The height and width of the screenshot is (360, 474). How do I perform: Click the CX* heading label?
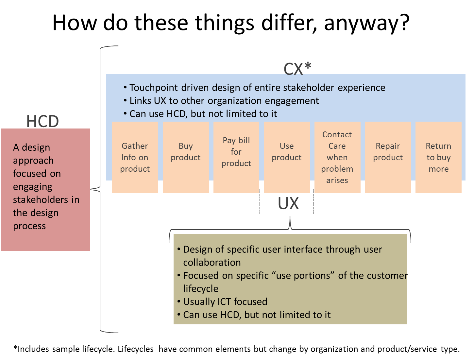pyautogui.click(x=297, y=69)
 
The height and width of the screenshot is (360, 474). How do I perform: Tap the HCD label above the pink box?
pyautogui.click(x=42, y=122)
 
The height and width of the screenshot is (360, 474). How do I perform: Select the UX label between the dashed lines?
pyautogui.click(x=288, y=203)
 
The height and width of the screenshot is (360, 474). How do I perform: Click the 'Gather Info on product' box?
pyautogui.click(x=135, y=157)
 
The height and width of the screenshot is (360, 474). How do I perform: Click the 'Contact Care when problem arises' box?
pyautogui.click(x=337, y=157)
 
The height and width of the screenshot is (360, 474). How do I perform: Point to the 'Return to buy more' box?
pyautogui.click(x=438, y=157)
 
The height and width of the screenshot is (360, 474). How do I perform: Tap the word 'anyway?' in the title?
pyautogui.click(x=366, y=24)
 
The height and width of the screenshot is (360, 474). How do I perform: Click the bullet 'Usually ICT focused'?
pyautogui.click(x=225, y=301)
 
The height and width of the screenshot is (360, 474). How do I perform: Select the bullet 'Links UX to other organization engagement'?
pyautogui.click(x=224, y=101)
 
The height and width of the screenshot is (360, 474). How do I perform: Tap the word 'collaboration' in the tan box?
pyautogui.click(x=212, y=263)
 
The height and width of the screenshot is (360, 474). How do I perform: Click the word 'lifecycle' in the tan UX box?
pyautogui.click(x=200, y=289)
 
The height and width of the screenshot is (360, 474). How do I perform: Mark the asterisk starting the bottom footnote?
pyautogui.click(x=15, y=347)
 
